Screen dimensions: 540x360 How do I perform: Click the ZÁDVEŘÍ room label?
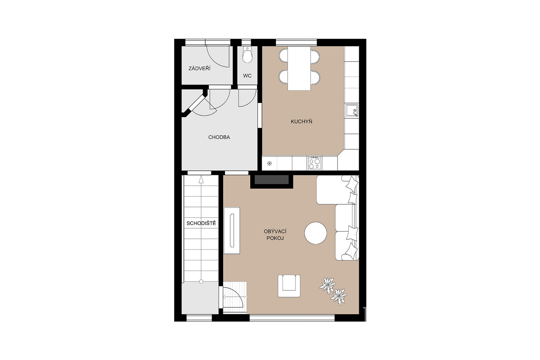click(199, 68)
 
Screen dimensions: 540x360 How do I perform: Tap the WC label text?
click(247, 76)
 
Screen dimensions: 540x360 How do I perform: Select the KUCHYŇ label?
click(301, 121)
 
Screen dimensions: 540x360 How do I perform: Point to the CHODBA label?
click(219, 137)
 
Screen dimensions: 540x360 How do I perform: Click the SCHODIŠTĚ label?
click(201, 223)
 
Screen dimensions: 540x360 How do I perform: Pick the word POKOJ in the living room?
click(275, 238)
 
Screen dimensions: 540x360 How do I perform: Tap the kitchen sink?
click(352, 111)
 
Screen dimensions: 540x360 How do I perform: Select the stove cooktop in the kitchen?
click(315, 163)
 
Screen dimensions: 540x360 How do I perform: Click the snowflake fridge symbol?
click(270, 163)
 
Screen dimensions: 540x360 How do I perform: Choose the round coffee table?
click(316, 233)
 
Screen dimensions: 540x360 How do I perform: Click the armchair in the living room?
click(289, 286)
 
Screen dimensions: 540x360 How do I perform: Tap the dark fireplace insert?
click(271, 180)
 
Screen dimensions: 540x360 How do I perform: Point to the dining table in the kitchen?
click(299, 68)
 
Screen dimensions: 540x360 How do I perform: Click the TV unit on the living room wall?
click(232, 230)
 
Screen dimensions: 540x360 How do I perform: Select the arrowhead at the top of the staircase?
click(201, 180)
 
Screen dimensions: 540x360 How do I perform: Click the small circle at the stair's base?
click(201, 282)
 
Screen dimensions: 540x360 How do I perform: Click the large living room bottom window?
click(292, 318)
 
